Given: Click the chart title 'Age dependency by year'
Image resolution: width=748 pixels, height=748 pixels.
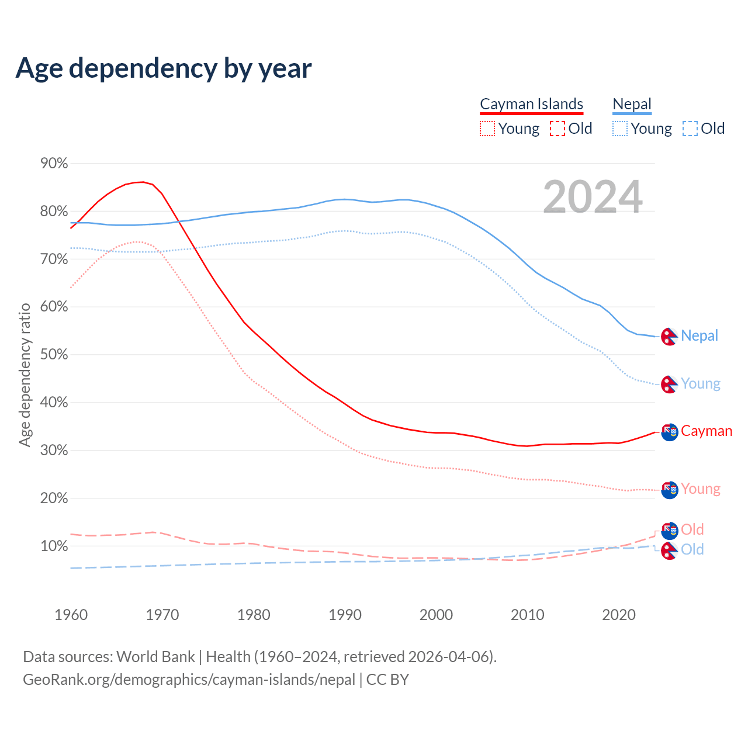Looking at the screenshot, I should point(164,68).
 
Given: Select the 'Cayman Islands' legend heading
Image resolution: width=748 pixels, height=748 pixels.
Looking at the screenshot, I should point(531,104).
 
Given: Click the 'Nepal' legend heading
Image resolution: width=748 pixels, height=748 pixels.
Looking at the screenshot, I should point(632,104).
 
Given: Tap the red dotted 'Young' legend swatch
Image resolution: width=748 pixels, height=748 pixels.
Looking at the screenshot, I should point(487,129).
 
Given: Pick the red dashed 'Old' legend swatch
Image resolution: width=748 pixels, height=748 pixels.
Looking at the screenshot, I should point(557,129).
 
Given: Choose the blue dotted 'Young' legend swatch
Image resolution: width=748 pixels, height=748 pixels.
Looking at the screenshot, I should point(619,129).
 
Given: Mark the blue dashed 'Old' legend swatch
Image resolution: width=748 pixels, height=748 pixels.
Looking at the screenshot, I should point(690,129).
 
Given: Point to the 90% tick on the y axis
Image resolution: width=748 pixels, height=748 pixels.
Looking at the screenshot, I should point(54,164).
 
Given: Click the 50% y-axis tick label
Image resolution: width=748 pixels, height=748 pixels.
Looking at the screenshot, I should point(54,355).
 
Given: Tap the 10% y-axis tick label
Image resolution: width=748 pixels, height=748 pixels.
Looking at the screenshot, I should point(54,546).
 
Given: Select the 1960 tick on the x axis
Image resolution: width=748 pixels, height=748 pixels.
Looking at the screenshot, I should point(71,615).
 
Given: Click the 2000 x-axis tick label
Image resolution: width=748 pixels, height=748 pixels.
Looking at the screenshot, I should point(436,615).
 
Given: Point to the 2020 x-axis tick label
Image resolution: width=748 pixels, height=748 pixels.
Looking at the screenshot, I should point(619,615).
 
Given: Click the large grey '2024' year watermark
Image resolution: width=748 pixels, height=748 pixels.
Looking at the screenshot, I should point(593,197).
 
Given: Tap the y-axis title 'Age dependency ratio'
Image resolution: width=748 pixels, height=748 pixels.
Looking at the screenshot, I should point(25,374).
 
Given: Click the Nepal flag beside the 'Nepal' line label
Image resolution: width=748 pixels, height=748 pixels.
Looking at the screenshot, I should point(669,336).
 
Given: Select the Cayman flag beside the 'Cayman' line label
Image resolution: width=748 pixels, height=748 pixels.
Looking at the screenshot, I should point(669,432).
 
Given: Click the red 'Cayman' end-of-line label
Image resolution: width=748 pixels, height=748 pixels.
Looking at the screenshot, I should point(707,431).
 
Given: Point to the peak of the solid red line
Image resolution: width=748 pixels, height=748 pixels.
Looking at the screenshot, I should point(143,182).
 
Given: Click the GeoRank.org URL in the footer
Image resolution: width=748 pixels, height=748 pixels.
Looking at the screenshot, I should point(189,680).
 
